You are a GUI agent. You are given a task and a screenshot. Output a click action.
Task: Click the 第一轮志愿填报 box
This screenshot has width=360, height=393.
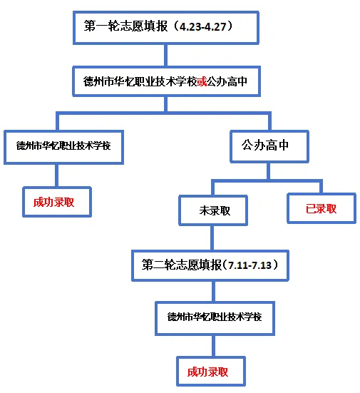tap(165, 26)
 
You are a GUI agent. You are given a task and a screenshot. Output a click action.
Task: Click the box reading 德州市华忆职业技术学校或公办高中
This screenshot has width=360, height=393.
tap(165, 81)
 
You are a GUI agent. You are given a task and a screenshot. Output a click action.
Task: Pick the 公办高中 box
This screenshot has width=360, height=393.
tap(269, 147)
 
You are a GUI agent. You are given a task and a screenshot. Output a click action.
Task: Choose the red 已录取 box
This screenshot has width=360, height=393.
tap(321, 209)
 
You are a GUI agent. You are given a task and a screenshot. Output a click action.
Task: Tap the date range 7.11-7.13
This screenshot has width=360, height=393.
tap(252, 265)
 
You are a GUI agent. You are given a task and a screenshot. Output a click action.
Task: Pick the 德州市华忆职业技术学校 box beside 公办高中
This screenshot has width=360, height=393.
tap(63, 146)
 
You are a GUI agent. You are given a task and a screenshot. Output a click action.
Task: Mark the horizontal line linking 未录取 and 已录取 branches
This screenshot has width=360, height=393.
tap(267, 180)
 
